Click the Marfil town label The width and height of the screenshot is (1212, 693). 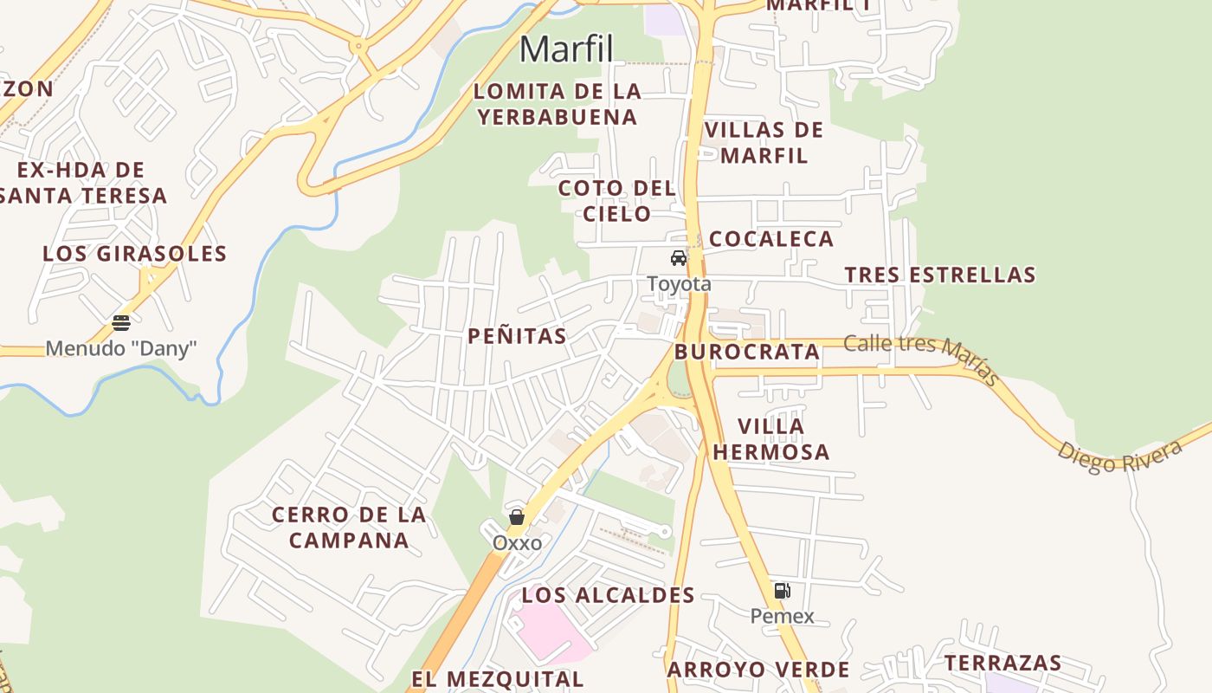pyautogui.click(x=566, y=49)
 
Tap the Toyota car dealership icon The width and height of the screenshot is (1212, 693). pyautogui.click(x=679, y=258)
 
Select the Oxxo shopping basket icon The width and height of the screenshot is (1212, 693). pyautogui.click(x=517, y=517)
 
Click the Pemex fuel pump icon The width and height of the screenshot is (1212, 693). pyautogui.click(x=782, y=591)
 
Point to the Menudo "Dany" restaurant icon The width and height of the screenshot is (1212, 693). pyautogui.click(x=121, y=323)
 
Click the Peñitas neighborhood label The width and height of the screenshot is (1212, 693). pyautogui.click(x=517, y=336)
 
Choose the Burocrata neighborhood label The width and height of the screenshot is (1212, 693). pyautogui.click(x=746, y=352)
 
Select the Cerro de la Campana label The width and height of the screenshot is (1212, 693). pyautogui.click(x=349, y=528)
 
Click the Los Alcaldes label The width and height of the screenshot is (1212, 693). pyautogui.click(x=608, y=595)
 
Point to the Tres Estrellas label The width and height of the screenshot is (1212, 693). pyautogui.click(x=940, y=275)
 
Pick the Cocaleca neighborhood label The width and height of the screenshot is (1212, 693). pyautogui.click(x=771, y=239)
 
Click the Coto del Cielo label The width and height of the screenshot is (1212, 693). pyautogui.click(x=616, y=201)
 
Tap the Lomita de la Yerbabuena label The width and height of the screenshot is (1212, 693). pyautogui.click(x=558, y=104)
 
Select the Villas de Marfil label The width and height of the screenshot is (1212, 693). pyautogui.click(x=764, y=143)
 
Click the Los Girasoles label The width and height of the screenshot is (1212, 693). pyautogui.click(x=134, y=254)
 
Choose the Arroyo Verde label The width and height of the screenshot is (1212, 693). pyautogui.click(x=758, y=670)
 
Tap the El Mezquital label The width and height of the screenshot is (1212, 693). pyautogui.click(x=497, y=679)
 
